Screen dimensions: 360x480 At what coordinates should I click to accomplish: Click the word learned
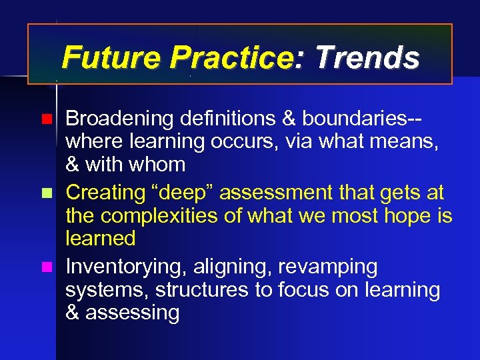pyautogui.click(x=101, y=238)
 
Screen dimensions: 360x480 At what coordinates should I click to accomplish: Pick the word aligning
pyautogui.click(x=231, y=268)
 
